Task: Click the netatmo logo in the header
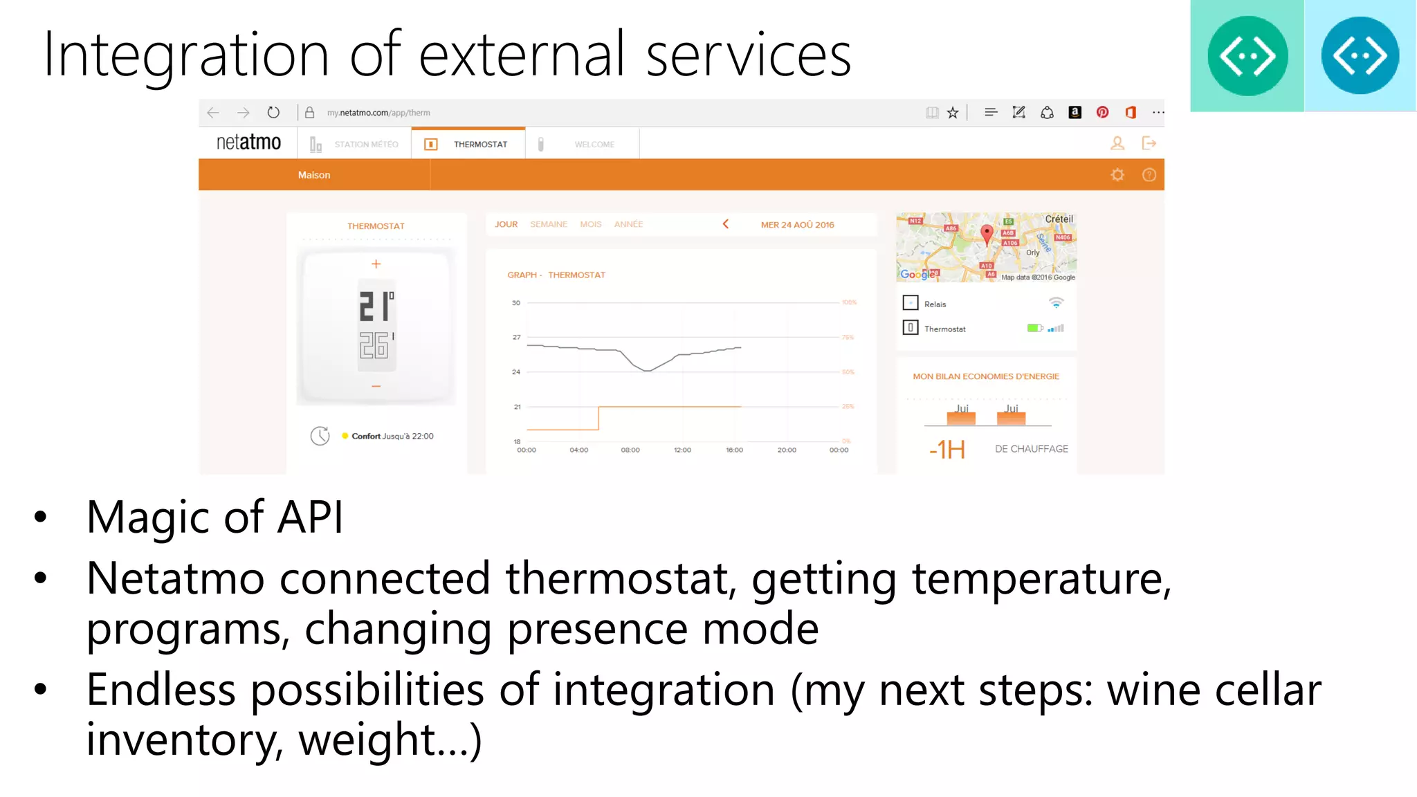pyautogui.click(x=248, y=143)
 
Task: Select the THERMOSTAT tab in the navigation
pyautogui.click(x=479, y=144)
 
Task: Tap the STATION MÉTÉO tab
pyautogui.click(x=366, y=144)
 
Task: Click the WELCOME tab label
pyautogui.click(x=594, y=144)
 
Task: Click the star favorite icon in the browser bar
pyautogui.click(x=953, y=113)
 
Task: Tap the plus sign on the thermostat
pyautogui.click(x=376, y=264)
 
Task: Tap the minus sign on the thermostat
pyautogui.click(x=376, y=386)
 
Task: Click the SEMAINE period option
pyautogui.click(x=548, y=224)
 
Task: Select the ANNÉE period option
pyautogui.click(x=628, y=224)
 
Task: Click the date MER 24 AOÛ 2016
pyautogui.click(x=797, y=225)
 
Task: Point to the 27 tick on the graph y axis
pyautogui.click(x=516, y=337)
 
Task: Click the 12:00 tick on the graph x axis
pyautogui.click(x=682, y=450)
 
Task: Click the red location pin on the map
pyautogui.click(x=987, y=233)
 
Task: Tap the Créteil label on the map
pyautogui.click(x=1059, y=219)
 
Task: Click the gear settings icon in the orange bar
pyautogui.click(x=1117, y=175)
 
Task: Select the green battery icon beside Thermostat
pyautogui.click(x=1034, y=328)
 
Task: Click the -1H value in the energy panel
pyautogui.click(x=947, y=450)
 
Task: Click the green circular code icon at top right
pyautogui.click(x=1247, y=56)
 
